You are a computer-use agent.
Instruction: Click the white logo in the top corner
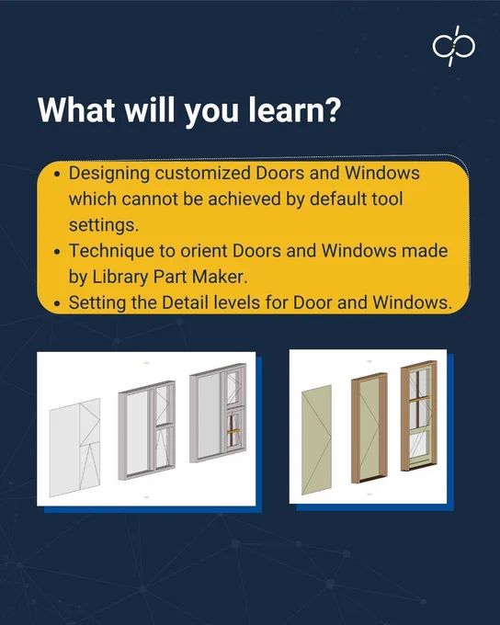453,46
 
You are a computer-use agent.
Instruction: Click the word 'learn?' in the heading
295,109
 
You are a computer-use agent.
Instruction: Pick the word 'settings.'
104,225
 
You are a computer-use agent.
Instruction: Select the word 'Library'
120,278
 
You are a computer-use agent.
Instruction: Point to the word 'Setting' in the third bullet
97,303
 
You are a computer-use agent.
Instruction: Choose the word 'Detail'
185,302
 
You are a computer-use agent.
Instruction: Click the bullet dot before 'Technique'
58,253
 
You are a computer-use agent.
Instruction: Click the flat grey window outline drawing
74,448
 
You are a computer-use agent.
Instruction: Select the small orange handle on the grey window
233,432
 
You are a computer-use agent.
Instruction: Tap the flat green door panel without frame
316,439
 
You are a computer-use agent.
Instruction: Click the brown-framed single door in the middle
369,428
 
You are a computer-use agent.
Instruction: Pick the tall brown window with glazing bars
419,415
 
